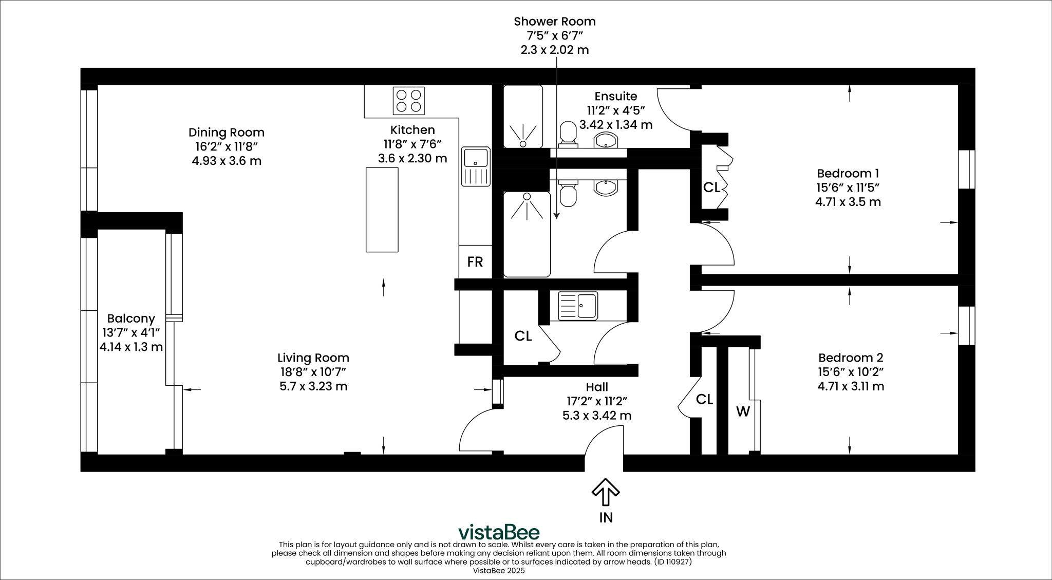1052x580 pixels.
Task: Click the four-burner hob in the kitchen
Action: click(x=408, y=101)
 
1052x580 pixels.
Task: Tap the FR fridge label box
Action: click(x=475, y=262)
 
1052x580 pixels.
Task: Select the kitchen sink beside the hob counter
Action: click(x=476, y=166)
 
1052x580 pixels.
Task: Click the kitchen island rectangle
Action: click(x=382, y=210)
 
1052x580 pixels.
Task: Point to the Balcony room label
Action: click(x=131, y=319)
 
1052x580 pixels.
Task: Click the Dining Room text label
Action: click(x=226, y=133)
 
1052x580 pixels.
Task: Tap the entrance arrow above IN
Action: click(x=606, y=492)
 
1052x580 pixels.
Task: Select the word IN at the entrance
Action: click(x=606, y=517)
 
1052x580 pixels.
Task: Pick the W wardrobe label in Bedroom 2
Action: click(x=743, y=411)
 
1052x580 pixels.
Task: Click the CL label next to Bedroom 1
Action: click(x=711, y=188)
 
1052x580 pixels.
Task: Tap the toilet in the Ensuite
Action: click(x=568, y=133)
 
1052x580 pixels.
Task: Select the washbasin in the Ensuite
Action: click(x=607, y=139)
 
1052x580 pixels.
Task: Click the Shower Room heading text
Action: click(x=554, y=22)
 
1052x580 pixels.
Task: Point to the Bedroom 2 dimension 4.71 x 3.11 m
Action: click(x=850, y=386)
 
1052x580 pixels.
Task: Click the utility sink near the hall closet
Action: click(x=578, y=306)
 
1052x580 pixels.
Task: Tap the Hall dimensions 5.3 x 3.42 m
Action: click(x=596, y=416)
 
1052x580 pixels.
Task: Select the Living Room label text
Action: click(x=313, y=358)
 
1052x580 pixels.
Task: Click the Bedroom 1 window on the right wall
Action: click(x=967, y=170)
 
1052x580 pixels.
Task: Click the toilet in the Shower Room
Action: click(x=568, y=194)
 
